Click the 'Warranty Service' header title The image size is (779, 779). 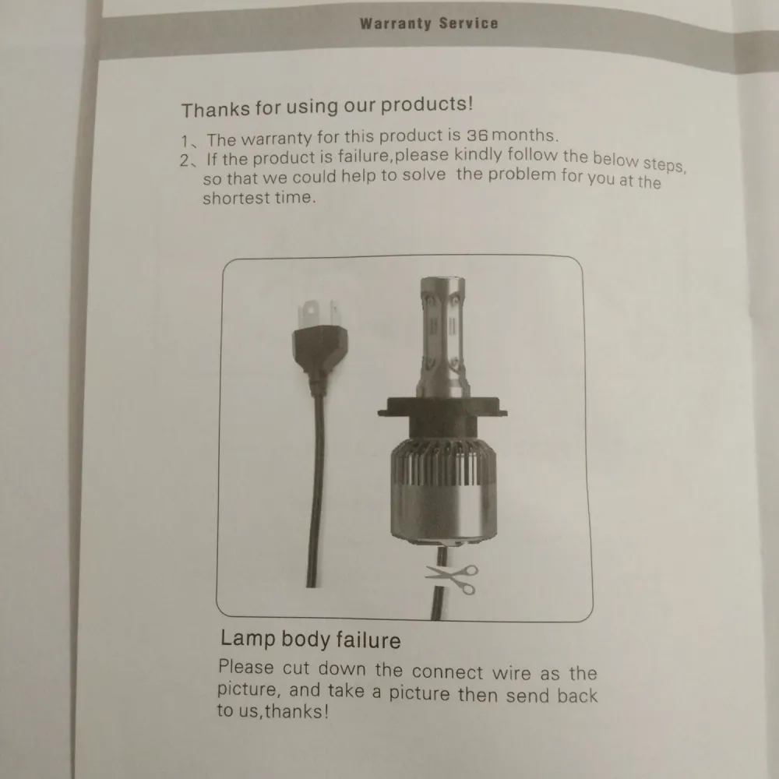(x=428, y=23)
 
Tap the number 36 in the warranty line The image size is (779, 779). (x=477, y=135)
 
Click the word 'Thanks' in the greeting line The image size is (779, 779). (x=216, y=109)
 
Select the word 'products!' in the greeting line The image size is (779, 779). (x=427, y=105)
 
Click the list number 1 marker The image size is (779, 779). (x=189, y=142)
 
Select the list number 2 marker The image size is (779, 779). (x=188, y=160)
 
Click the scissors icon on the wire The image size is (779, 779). (x=452, y=579)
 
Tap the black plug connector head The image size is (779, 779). (x=319, y=351)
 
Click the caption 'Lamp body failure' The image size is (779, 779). (x=311, y=640)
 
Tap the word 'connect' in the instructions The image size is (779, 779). (x=447, y=671)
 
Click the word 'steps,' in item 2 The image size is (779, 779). (x=664, y=164)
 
